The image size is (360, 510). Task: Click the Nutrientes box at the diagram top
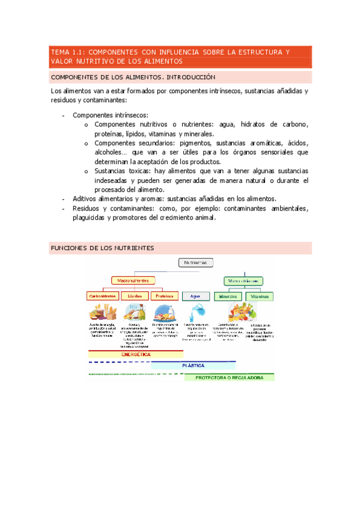pos(196,262)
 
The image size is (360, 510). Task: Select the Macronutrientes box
pos(133,280)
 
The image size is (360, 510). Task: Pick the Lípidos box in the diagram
pos(135,296)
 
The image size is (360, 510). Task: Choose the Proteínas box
pos(165,296)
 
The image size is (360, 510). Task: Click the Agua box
pos(195,296)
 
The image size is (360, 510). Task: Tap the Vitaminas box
pos(260,296)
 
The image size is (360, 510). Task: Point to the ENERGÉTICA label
pos(135,355)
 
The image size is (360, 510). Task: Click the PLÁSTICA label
pos(193,365)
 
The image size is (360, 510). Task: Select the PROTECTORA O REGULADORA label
pos(229,378)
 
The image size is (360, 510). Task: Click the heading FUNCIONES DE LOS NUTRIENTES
pos(103,248)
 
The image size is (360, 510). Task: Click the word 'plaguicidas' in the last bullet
pos(88,218)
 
